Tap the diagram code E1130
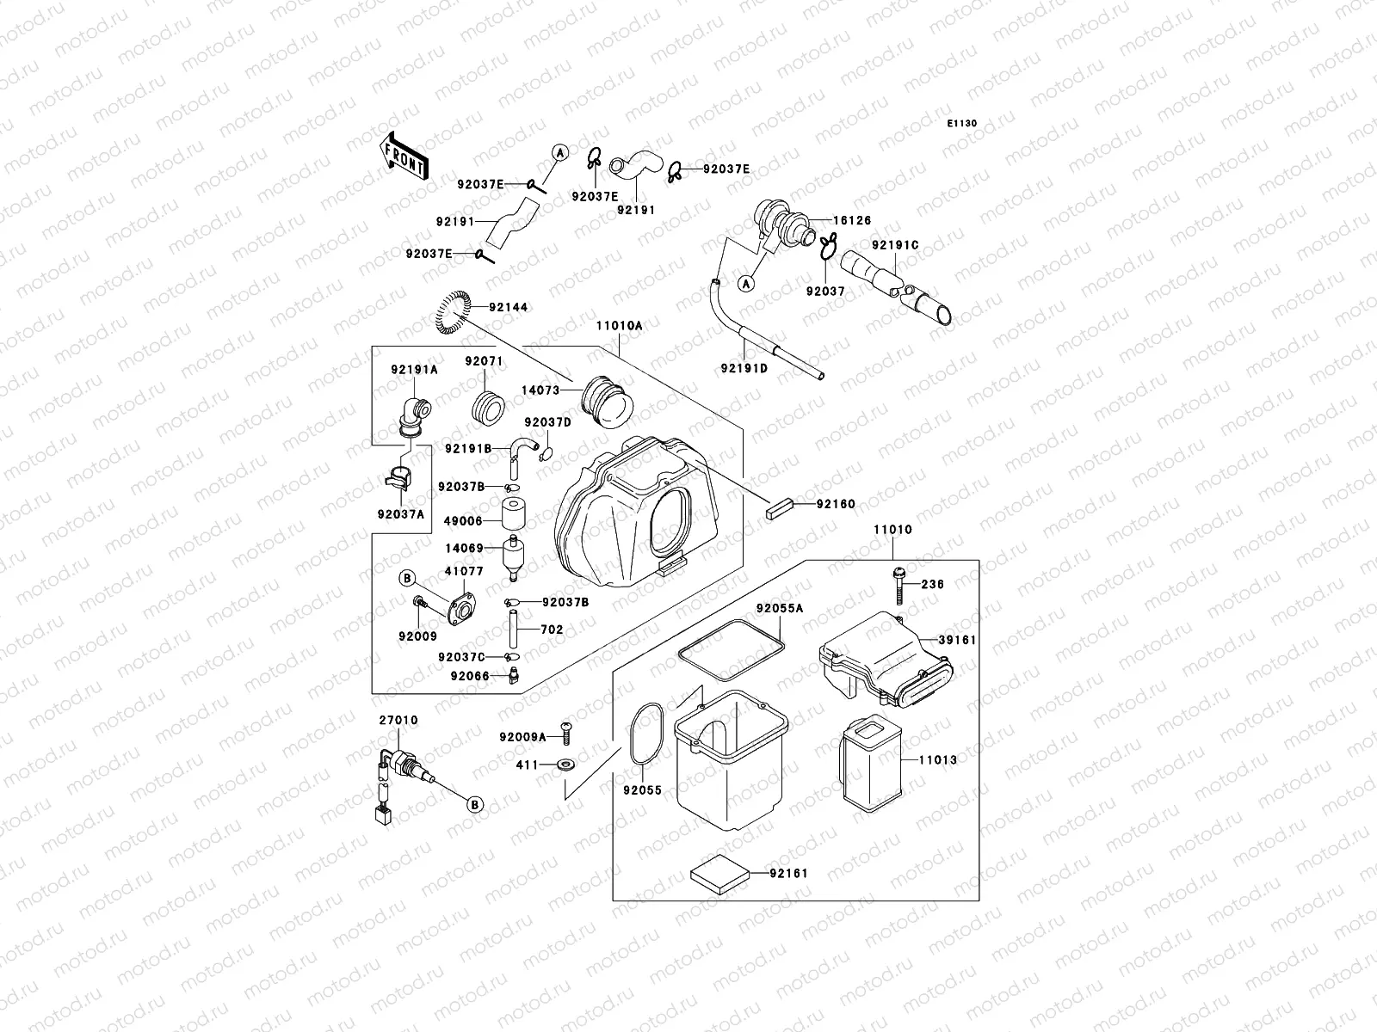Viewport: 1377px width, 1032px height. coord(962,124)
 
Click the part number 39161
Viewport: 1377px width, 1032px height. coord(957,641)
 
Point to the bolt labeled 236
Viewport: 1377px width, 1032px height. coord(898,586)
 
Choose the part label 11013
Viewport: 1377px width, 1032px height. coord(937,760)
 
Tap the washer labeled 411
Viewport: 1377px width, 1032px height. coord(566,765)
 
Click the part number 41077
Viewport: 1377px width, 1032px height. coord(464,571)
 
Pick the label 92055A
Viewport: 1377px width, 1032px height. coord(780,608)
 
